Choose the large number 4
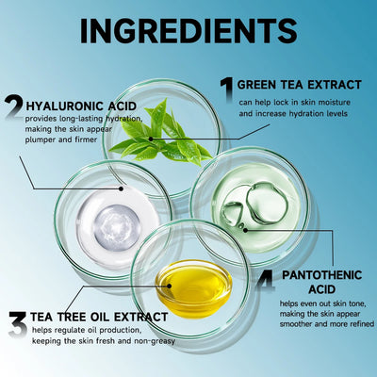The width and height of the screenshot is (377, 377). tap(267, 280)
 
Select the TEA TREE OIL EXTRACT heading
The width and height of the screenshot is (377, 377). tap(100, 317)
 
